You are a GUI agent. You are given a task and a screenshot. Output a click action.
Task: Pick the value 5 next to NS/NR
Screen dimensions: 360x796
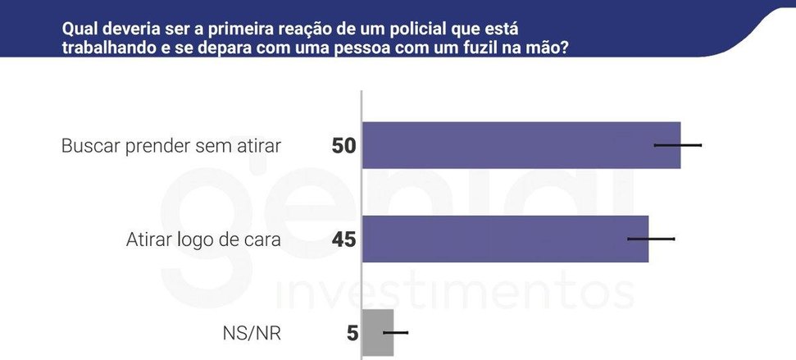353,334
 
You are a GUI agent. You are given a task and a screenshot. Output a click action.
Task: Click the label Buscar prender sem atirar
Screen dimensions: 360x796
171,146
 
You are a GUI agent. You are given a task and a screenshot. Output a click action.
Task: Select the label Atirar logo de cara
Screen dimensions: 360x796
203,239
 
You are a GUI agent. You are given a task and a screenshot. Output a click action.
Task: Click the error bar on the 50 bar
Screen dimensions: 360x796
678,145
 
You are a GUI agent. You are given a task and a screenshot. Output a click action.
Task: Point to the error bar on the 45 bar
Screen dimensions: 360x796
651,239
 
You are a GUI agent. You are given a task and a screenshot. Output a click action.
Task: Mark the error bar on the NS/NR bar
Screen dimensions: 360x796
395,332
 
